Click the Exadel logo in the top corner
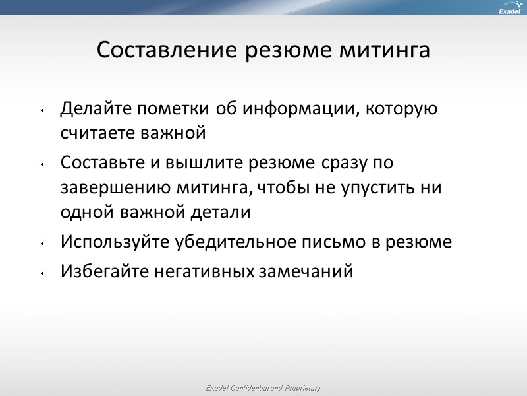coord(509,9)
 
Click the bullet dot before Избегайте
coord(42,273)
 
